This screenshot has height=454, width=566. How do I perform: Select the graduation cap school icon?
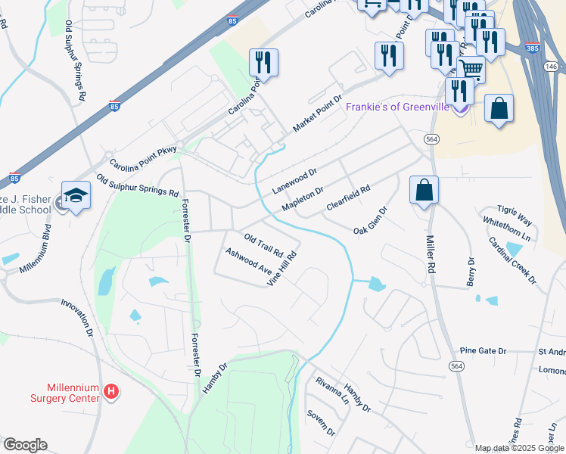tap(76, 197)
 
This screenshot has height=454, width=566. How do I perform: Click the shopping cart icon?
tap(471, 69)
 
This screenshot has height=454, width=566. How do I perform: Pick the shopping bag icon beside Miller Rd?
tap(424, 190)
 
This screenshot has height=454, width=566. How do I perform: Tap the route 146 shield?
tap(552, 67)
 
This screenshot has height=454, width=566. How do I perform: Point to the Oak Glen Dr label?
tap(371, 219)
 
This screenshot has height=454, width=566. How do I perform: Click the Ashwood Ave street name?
tap(247, 260)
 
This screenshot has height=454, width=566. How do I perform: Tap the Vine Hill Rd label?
tap(281, 269)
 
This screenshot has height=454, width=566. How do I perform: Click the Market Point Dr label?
tap(318, 113)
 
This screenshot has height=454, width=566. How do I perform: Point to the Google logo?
tap(25, 445)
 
